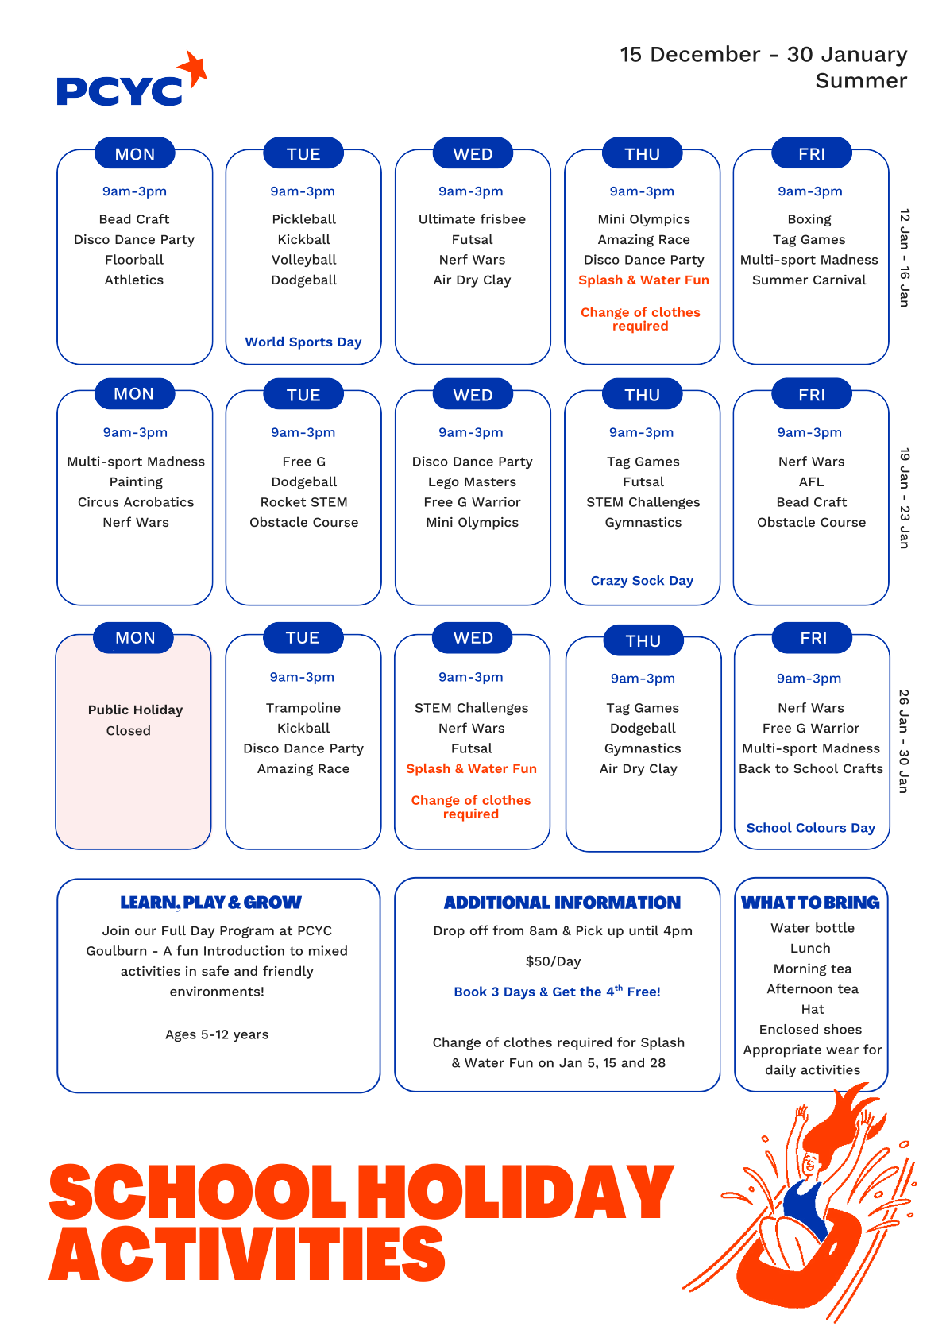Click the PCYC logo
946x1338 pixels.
click(120, 91)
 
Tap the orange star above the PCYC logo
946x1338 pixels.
click(193, 68)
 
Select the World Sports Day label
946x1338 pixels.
click(303, 342)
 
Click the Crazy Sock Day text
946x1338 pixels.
click(642, 581)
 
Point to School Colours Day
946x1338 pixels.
click(810, 828)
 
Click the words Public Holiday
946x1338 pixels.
click(135, 710)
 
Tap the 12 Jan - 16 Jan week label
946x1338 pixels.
click(904, 258)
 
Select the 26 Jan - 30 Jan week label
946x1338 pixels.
click(903, 741)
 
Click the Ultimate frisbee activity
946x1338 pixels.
click(472, 219)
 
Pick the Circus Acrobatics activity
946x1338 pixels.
click(136, 502)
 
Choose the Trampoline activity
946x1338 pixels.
click(303, 708)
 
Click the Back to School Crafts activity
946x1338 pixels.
click(810, 768)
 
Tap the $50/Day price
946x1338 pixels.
click(553, 961)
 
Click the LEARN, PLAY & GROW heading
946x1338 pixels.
click(210, 903)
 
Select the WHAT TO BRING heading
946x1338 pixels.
click(810, 903)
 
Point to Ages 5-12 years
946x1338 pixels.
click(217, 1034)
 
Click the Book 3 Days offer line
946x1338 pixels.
click(557, 992)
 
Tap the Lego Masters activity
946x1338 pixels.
click(472, 481)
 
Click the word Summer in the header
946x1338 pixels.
click(860, 81)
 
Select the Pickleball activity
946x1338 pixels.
click(303, 219)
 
